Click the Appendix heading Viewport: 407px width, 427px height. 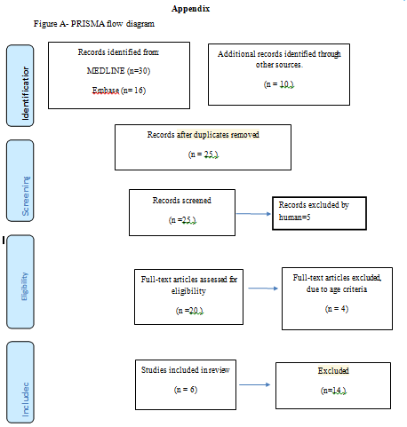(190, 9)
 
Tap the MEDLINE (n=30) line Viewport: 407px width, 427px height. (118, 71)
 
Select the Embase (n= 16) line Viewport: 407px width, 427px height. (119, 91)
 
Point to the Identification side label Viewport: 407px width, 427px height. (26, 93)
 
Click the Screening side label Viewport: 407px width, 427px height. (26, 196)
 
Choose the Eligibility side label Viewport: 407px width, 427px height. (25, 287)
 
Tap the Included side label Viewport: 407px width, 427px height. (26, 399)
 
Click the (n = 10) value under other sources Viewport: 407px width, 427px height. (279, 84)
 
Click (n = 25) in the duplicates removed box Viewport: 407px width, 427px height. (203, 154)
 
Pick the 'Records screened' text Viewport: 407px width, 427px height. (182, 201)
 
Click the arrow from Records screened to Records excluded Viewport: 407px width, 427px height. (253, 214)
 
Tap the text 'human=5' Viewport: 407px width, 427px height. (294, 217)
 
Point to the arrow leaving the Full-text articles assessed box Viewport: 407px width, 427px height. (263, 289)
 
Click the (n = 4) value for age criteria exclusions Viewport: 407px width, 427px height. (337, 309)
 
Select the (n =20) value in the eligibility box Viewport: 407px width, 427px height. (189, 311)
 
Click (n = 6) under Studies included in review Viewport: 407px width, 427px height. (186, 390)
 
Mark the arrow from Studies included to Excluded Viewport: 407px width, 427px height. (255, 384)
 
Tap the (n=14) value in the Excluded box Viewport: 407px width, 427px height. (333, 391)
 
